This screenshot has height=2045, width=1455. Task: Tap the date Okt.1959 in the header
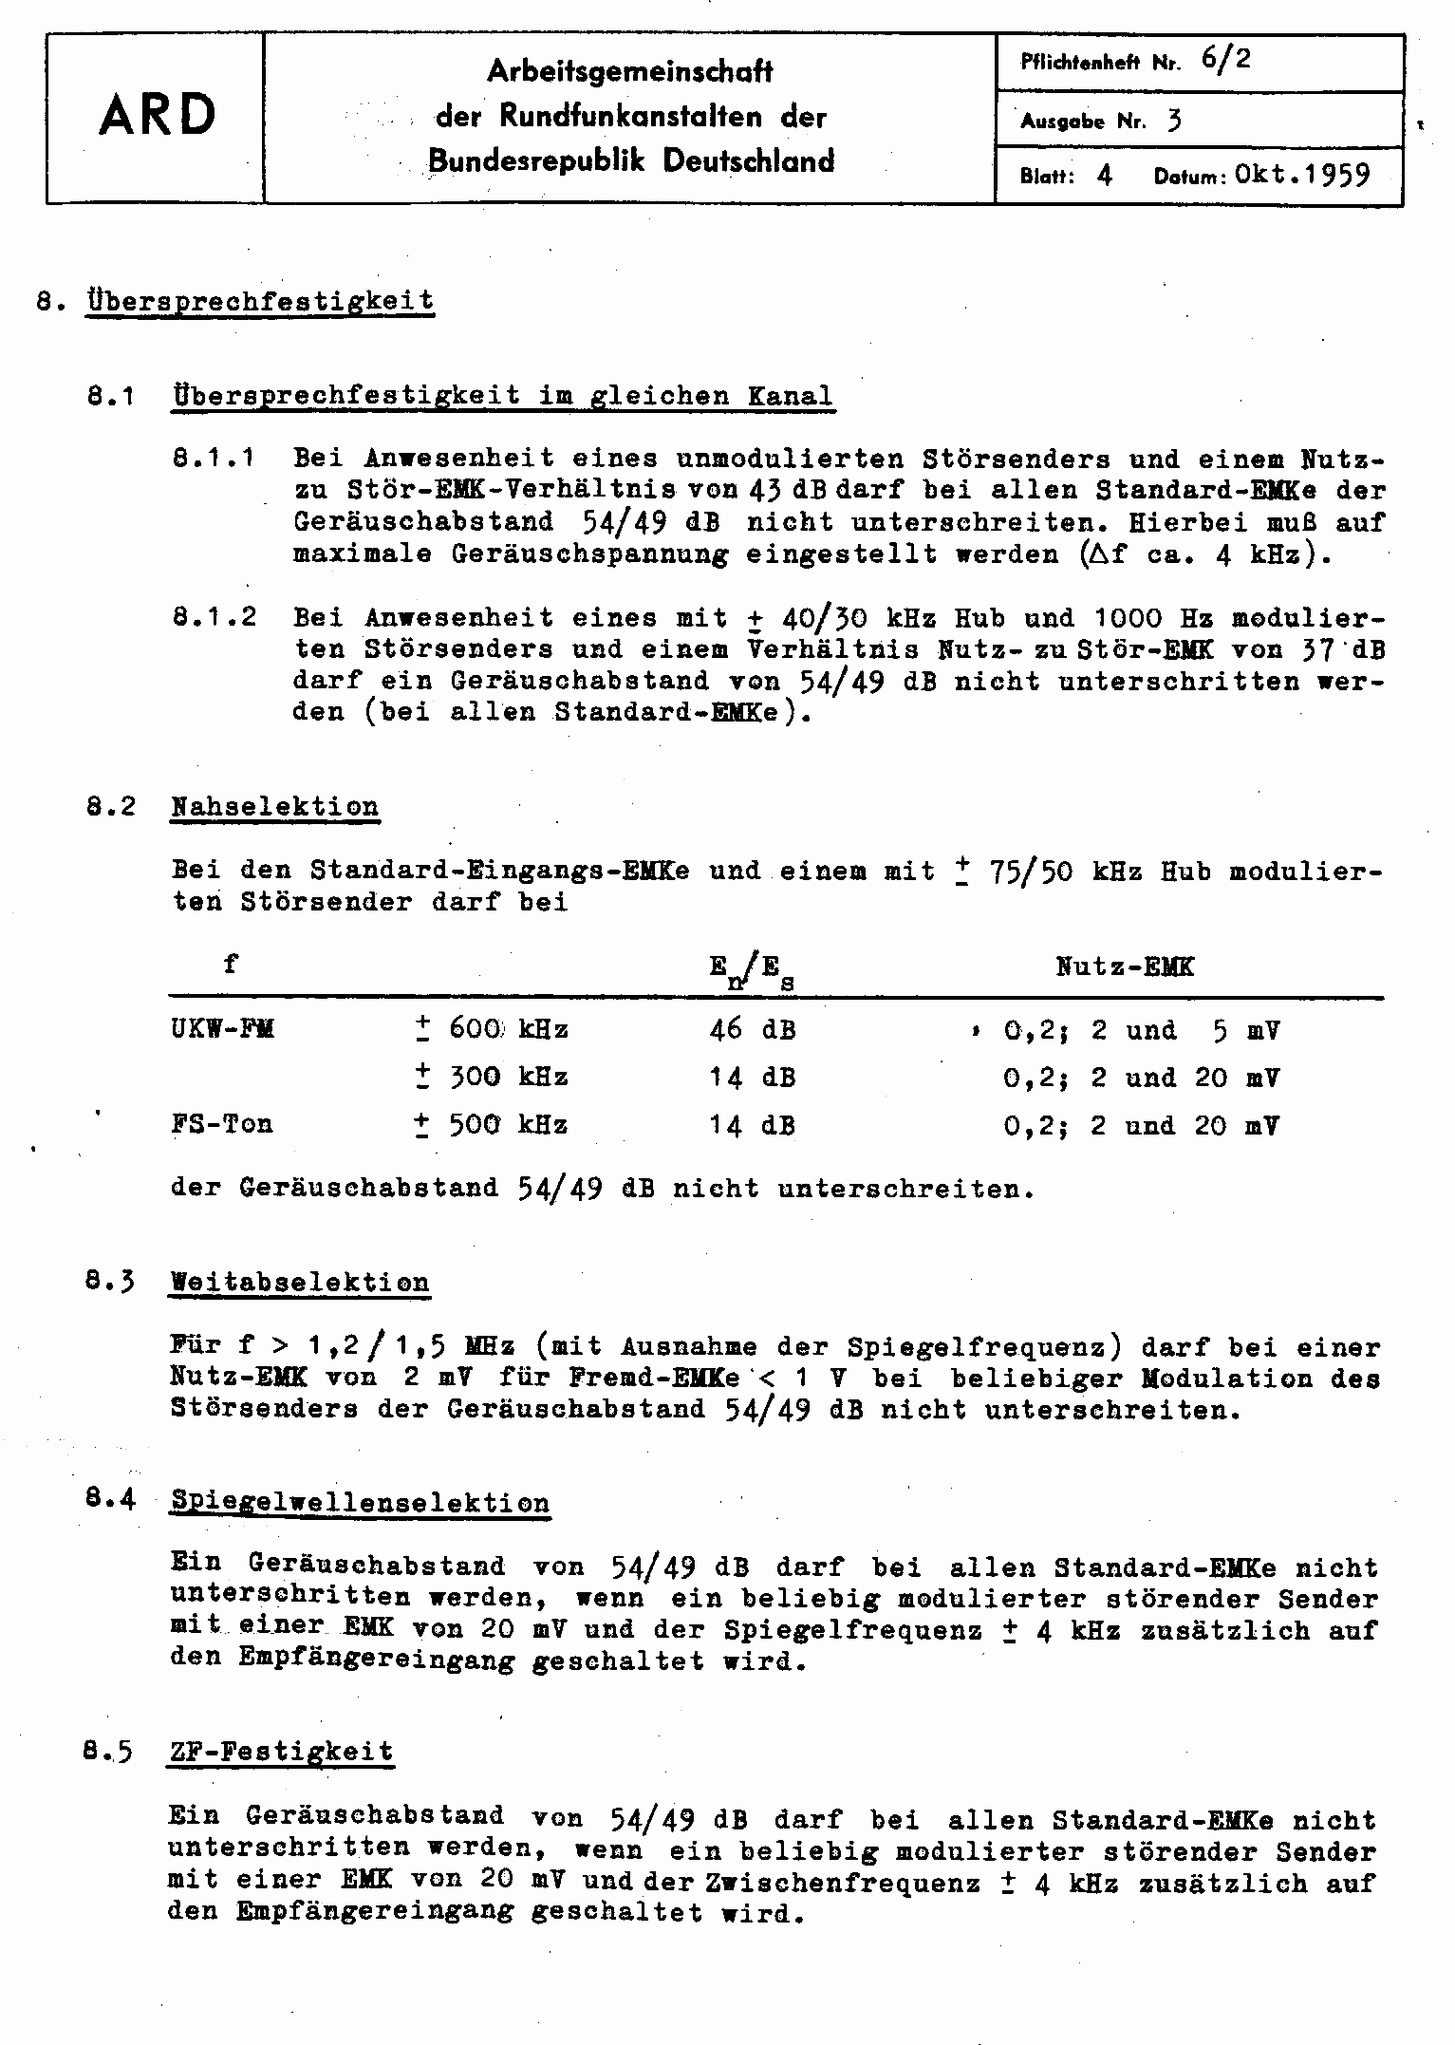pos(1303,176)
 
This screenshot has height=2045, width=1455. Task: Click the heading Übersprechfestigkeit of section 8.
pos(260,302)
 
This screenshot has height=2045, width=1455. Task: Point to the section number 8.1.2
pos(215,617)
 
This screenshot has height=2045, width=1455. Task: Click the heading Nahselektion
pos(275,807)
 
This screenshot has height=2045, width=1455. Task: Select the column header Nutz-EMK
pos(1125,966)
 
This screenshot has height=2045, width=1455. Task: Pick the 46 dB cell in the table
pos(752,1030)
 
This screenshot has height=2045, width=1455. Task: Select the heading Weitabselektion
pos(300,1283)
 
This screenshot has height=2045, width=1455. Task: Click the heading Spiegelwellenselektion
pos(361,1504)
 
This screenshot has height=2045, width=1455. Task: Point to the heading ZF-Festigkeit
pos(281,1752)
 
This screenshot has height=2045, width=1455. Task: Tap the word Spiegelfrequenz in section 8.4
pos(852,1630)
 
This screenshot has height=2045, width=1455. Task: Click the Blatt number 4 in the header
pos(1103,177)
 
